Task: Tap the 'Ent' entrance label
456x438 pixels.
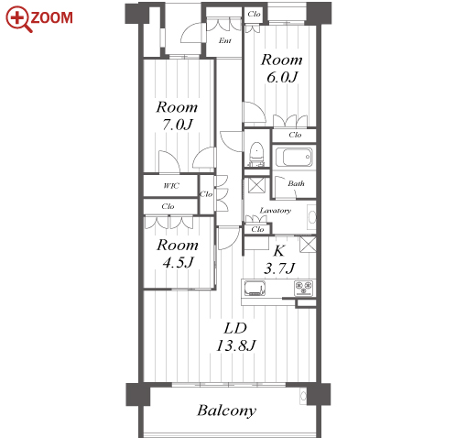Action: point(225,40)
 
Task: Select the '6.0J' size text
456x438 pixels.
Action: point(282,77)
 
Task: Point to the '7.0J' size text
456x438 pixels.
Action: point(178,125)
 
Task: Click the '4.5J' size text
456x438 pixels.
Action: point(179,262)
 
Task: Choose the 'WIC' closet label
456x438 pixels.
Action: point(171,186)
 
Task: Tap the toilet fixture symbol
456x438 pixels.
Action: point(256,153)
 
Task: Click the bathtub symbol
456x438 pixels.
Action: point(294,157)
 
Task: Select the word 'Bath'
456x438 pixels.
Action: point(296,183)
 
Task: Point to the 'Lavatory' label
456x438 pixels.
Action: point(276,211)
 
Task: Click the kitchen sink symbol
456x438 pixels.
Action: point(255,289)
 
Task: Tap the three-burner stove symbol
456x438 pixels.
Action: point(304,289)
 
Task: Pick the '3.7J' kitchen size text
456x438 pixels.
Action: point(279,268)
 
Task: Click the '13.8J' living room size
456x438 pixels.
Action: point(236,345)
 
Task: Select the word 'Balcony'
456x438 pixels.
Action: point(227,411)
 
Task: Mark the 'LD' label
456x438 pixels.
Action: point(235,328)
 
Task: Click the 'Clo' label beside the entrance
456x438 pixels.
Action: point(254,14)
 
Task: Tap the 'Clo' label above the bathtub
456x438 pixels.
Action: point(295,135)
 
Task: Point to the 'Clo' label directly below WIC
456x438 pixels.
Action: point(168,206)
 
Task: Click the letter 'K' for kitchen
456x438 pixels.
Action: point(279,250)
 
